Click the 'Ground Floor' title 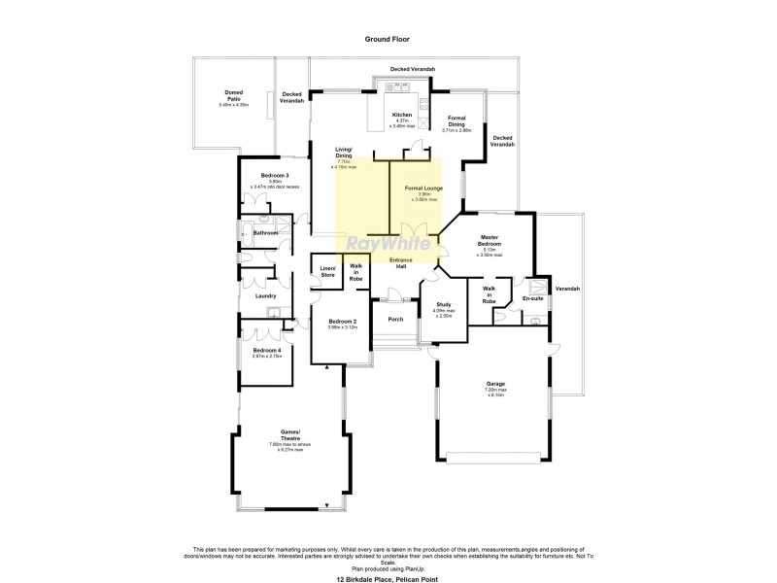(387, 40)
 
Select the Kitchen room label (402, 116)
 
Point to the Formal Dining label (456, 121)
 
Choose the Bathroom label (266, 233)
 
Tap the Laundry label (266, 296)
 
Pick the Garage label (495, 384)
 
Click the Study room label (443, 304)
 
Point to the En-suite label (532, 298)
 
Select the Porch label (395, 319)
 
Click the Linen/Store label (327, 272)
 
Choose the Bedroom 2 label (343, 321)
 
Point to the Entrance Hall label (403, 262)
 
